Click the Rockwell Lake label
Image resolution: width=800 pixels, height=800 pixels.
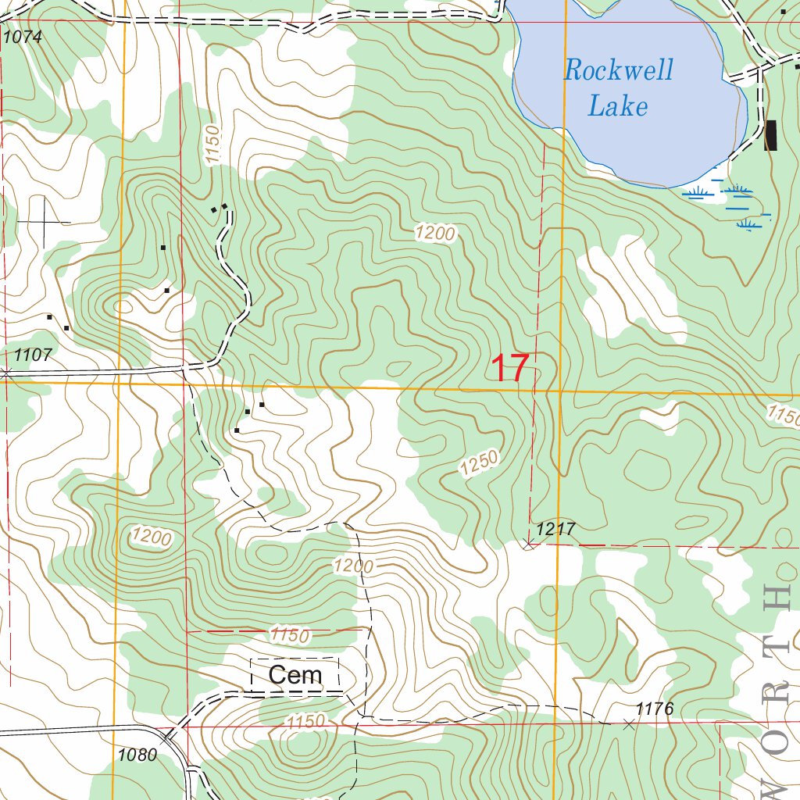(x=617, y=87)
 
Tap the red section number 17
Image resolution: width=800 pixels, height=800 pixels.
(x=511, y=368)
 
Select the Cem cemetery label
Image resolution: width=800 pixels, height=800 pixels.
(x=295, y=675)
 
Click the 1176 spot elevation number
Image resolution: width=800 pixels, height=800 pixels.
(x=655, y=709)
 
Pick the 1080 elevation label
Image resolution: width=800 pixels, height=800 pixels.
(x=137, y=755)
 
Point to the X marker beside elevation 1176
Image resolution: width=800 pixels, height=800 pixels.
(x=629, y=724)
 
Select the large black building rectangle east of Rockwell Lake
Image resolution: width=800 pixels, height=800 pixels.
(x=771, y=135)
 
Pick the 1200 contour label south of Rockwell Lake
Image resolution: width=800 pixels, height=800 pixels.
(x=434, y=232)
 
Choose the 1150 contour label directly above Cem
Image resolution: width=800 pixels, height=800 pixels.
(x=289, y=635)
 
